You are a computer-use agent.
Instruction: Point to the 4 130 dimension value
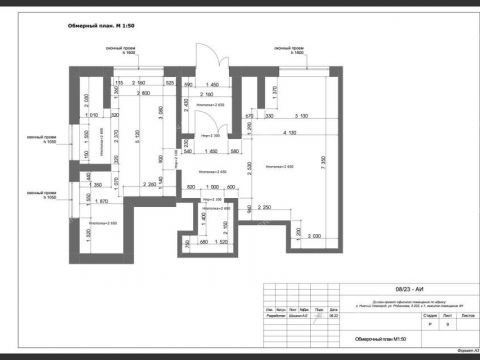pyautogui.click(x=291, y=132)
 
